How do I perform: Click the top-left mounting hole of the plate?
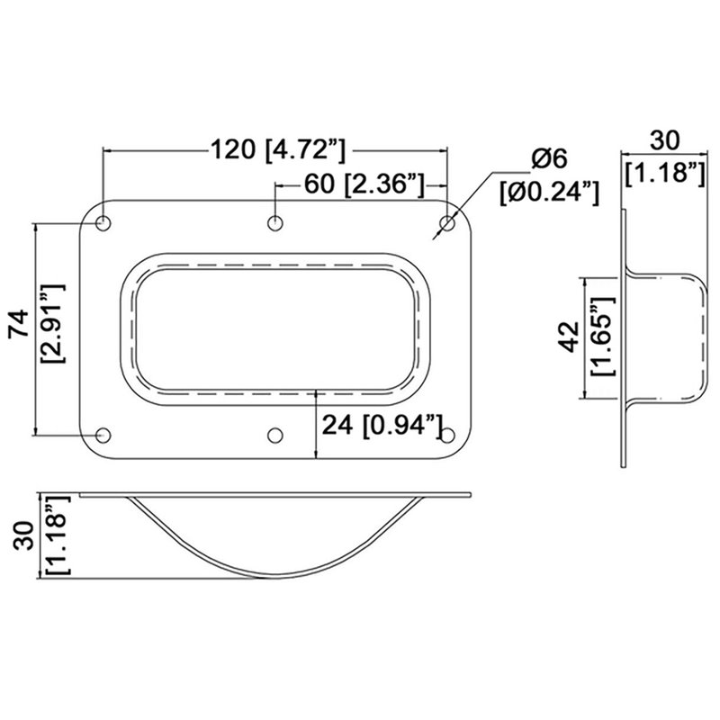[x=103, y=222]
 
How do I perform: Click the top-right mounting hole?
[x=447, y=222]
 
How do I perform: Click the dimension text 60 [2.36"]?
[x=364, y=184]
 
